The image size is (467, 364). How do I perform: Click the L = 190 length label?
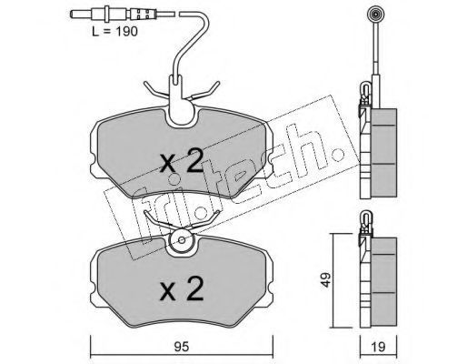(x=114, y=32)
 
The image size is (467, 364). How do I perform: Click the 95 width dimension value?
(x=182, y=347)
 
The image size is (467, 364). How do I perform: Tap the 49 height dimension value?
(x=325, y=279)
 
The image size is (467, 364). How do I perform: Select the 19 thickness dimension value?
(x=378, y=347)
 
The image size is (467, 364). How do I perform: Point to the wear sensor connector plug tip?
(x=73, y=14)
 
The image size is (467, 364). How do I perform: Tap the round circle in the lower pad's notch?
(x=182, y=240)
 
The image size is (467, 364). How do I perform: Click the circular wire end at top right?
(x=375, y=15)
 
